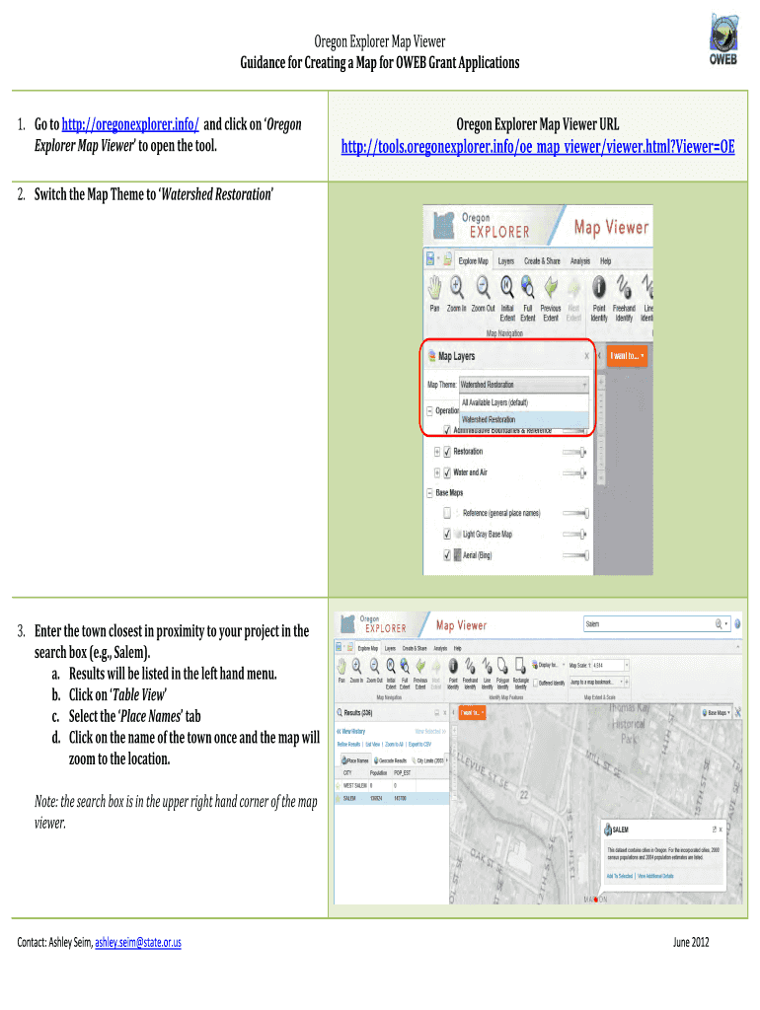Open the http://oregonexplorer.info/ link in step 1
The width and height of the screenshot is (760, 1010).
(x=130, y=125)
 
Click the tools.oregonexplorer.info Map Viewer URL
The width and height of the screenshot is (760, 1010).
(x=538, y=147)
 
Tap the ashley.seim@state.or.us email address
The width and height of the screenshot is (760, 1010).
(x=137, y=942)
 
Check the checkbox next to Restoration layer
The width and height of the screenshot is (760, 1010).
(x=447, y=452)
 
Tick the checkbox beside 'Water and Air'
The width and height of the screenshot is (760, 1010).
(x=447, y=472)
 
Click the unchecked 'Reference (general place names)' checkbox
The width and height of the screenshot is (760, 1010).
(x=447, y=513)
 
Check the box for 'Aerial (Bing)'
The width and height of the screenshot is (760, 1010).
(x=447, y=555)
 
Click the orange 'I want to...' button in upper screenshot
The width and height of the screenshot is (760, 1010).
(x=627, y=355)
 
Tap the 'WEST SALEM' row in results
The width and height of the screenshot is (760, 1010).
(x=356, y=786)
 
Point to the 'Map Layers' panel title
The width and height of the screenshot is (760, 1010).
(x=456, y=356)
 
